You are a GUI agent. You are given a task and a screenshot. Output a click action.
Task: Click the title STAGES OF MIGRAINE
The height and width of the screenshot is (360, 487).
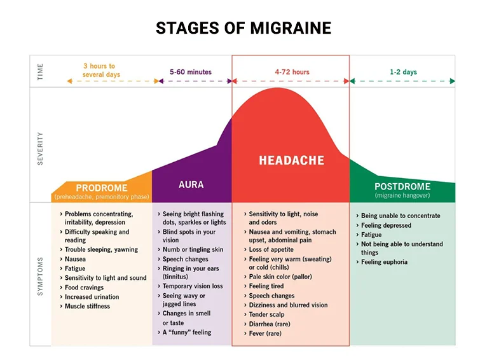243,28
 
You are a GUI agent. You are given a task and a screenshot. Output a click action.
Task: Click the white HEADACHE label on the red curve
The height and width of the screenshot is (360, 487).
291,160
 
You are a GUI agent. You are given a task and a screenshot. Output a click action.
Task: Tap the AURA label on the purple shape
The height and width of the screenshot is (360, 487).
191,184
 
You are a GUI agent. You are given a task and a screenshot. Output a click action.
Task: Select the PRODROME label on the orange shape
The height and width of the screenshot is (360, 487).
102,188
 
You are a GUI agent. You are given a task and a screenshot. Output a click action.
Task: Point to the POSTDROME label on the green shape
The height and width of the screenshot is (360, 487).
402,186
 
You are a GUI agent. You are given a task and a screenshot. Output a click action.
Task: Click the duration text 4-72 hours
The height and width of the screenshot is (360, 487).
292,72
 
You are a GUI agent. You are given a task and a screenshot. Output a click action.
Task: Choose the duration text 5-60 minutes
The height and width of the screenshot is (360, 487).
191,72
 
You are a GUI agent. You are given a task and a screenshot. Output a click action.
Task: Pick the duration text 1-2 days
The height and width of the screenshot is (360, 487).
403,72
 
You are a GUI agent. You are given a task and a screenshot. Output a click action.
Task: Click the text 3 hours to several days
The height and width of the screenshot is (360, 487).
100,70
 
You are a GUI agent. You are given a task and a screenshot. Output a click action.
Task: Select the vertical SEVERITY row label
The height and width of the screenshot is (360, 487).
41,148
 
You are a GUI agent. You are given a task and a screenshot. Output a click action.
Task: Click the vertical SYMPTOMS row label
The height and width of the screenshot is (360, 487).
41,276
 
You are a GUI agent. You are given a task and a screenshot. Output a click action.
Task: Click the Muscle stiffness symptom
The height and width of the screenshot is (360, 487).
87,306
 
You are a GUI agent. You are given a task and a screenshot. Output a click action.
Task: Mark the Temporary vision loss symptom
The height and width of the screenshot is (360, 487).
193,286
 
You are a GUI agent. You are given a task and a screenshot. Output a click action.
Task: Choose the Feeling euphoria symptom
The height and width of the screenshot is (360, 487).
384,262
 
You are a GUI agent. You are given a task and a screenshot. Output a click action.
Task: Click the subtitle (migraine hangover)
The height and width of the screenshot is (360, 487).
402,195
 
